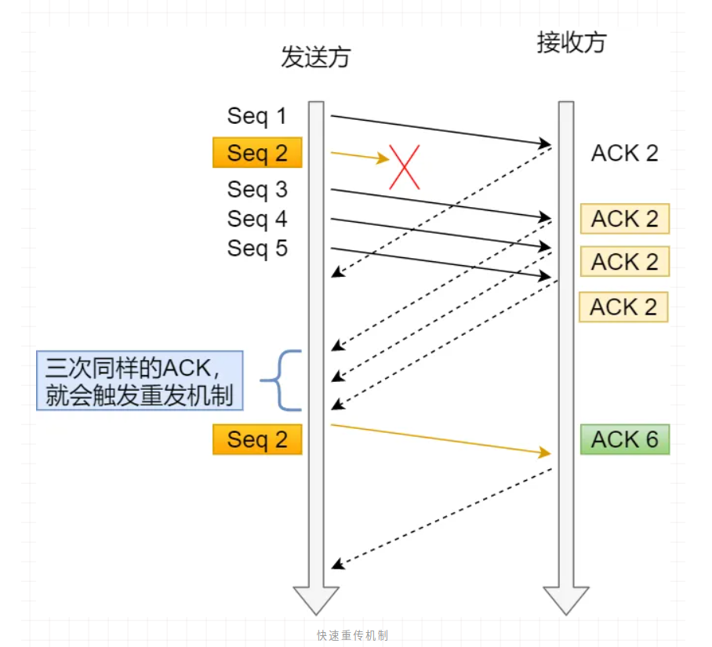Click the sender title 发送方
[315, 57]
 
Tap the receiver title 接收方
[571, 42]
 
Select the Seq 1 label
[257, 117]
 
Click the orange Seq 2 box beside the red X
[257, 153]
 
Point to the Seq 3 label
[257, 190]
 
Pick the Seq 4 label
[257, 220]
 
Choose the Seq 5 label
[257, 249]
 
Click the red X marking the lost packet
[405, 166]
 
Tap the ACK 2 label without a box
[624, 153]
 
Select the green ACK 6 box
[624, 440]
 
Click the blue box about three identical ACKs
[140, 381]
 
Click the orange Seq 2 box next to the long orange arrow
[257, 440]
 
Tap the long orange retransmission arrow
[439, 439]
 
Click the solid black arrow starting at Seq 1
[439, 130]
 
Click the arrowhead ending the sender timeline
[316, 599]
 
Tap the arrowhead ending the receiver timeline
[566, 599]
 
